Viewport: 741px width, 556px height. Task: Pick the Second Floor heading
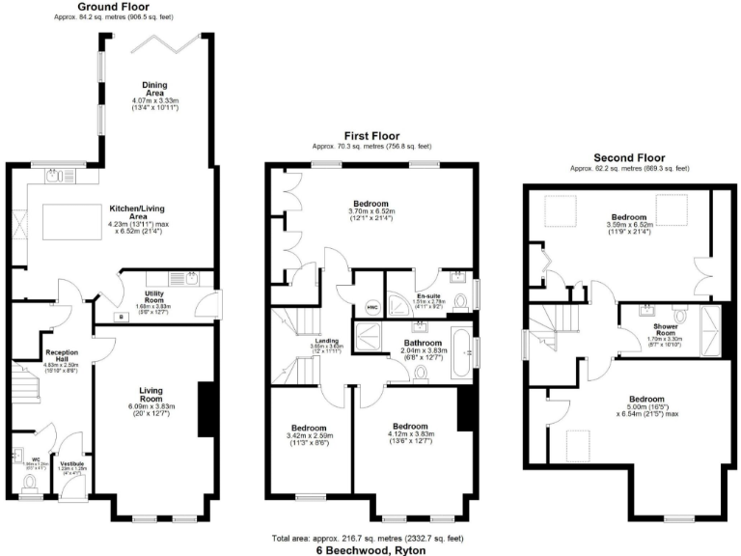pos(629,157)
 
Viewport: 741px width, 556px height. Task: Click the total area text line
pos(370,537)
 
